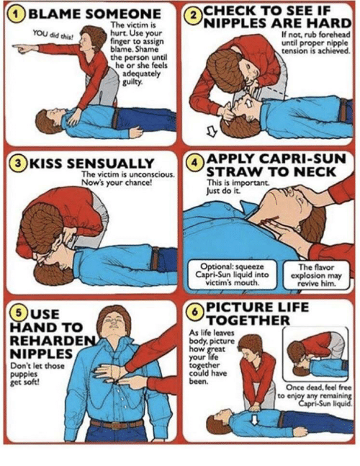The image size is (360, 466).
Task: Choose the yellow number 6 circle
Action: click(194, 312)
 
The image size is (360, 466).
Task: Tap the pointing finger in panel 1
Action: click(22, 48)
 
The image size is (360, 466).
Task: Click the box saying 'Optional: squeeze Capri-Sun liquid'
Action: click(232, 274)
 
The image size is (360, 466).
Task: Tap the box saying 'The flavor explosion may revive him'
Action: click(316, 275)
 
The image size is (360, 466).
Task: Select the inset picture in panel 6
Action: click(315, 354)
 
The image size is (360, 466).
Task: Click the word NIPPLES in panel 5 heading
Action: click(41, 354)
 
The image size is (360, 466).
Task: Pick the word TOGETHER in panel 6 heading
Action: click(248, 321)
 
